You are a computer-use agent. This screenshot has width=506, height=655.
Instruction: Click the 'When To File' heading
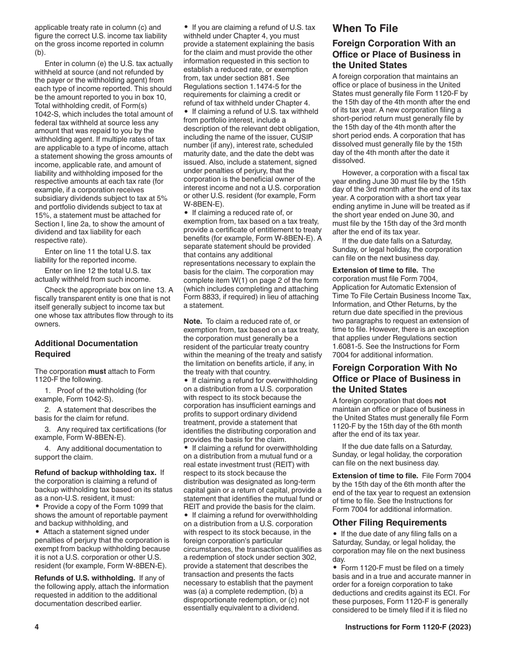click(365, 29)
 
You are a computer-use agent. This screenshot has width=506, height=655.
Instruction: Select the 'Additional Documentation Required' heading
click(86, 349)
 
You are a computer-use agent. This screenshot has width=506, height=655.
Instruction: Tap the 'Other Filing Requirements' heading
click(389, 522)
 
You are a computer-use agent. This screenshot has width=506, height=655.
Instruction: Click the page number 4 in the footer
click(37, 627)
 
